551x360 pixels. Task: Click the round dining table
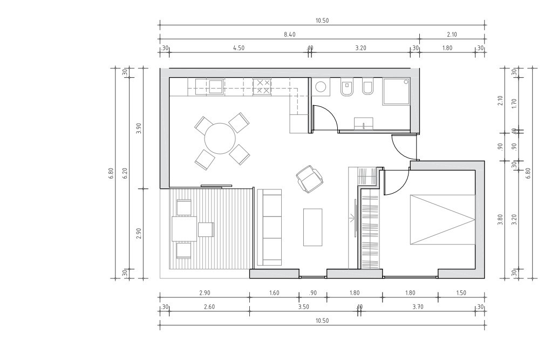(x=220, y=138)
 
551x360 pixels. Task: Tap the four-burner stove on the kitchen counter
(x=262, y=87)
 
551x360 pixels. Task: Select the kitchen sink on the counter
(x=216, y=86)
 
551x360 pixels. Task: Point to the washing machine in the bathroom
(x=320, y=86)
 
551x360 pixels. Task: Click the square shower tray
(x=396, y=91)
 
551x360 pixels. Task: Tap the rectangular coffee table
(x=313, y=227)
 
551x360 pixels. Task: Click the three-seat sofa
(x=269, y=227)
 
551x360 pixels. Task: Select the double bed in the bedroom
(x=443, y=219)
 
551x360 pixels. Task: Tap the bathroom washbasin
(x=364, y=124)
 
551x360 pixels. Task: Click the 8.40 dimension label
(x=290, y=35)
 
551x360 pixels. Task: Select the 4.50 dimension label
(x=239, y=48)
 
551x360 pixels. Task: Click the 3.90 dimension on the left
(x=139, y=128)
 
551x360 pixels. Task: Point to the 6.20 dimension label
(x=125, y=173)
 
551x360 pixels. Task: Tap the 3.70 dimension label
(x=418, y=307)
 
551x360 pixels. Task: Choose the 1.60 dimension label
(x=274, y=293)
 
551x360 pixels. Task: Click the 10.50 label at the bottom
(x=322, y=321)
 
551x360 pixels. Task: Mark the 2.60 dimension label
(x=209, y=307)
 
